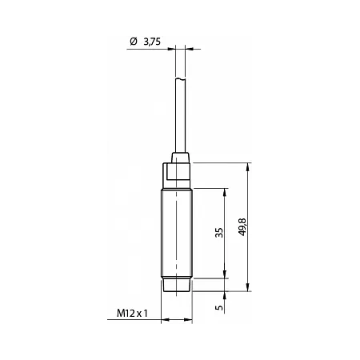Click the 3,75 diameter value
(152, 42)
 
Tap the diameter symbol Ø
(134, 42)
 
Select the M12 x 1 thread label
(132, 314)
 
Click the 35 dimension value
(219, 233)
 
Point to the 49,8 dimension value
(242, 227)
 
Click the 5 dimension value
(219, 307)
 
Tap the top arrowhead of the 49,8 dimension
(248, 166)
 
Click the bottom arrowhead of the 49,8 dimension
(248, 287)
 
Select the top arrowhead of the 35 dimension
(225, 192)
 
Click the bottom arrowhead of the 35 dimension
(225, 274)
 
